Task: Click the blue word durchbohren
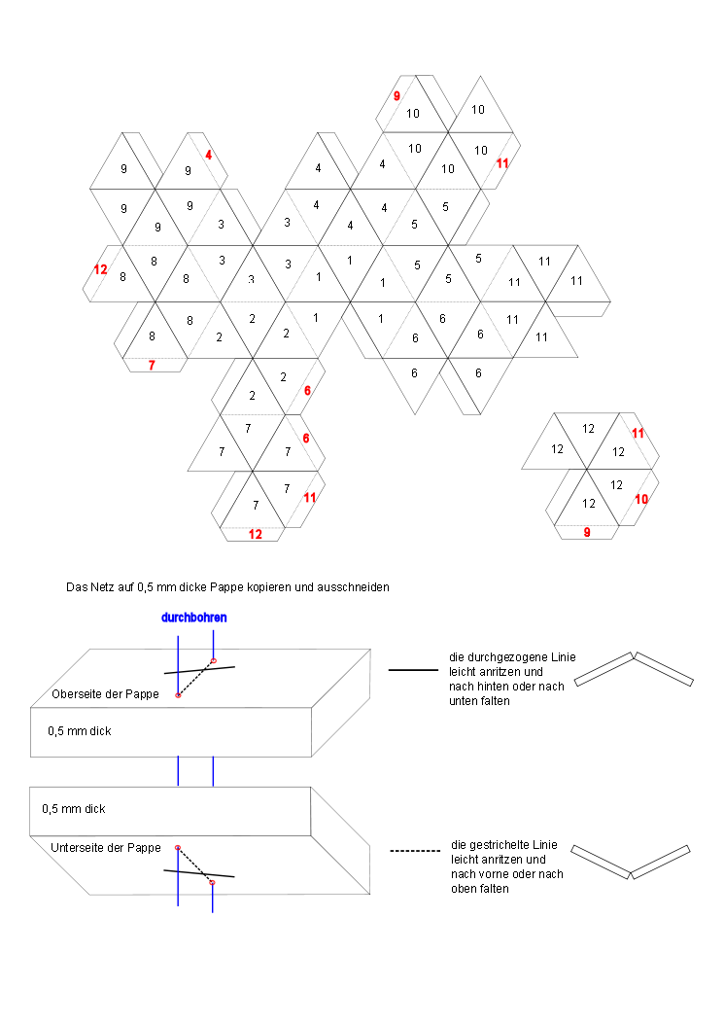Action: [194, 618]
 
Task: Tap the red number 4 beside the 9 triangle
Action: [208, 155]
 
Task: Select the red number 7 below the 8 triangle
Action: [152, 365]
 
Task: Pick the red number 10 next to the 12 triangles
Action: [641, 499]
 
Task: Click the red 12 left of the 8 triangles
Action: [100, 269]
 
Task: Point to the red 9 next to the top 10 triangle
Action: [396, 96]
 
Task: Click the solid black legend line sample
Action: [413, 670]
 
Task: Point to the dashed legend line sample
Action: [413, 851]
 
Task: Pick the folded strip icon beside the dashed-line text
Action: [631, 861]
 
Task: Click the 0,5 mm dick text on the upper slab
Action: [79, 730]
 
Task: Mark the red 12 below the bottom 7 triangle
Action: [255, 534]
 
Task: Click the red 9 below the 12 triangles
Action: [586, 532]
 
